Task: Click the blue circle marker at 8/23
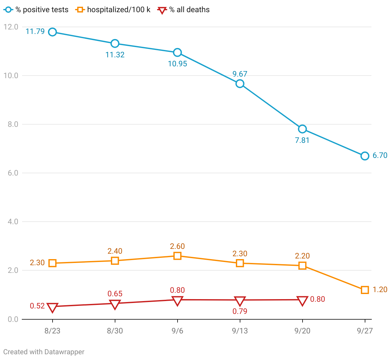pos(53,32)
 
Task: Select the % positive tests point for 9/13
pos(240,84)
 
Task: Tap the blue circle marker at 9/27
pos(365,156)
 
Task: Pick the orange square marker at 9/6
pos(177,256)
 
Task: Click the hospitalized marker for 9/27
pos(365,290)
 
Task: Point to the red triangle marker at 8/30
pos(115,304)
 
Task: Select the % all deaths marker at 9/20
pos(302,301)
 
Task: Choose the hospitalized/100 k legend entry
pos(113,10)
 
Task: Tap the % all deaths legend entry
pos(184,10)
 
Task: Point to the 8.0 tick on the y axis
pos(13,124)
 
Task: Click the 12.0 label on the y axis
pos(11,27)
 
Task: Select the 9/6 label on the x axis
pos(177,331)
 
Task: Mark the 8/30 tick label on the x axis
pos(115,331)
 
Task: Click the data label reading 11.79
pos(35,31)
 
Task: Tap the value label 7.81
pos(302,140)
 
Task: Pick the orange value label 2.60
pos(177,246)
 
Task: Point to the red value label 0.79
pos(240,311)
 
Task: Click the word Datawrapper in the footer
pos(64,352)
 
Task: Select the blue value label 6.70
pos(380,156)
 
